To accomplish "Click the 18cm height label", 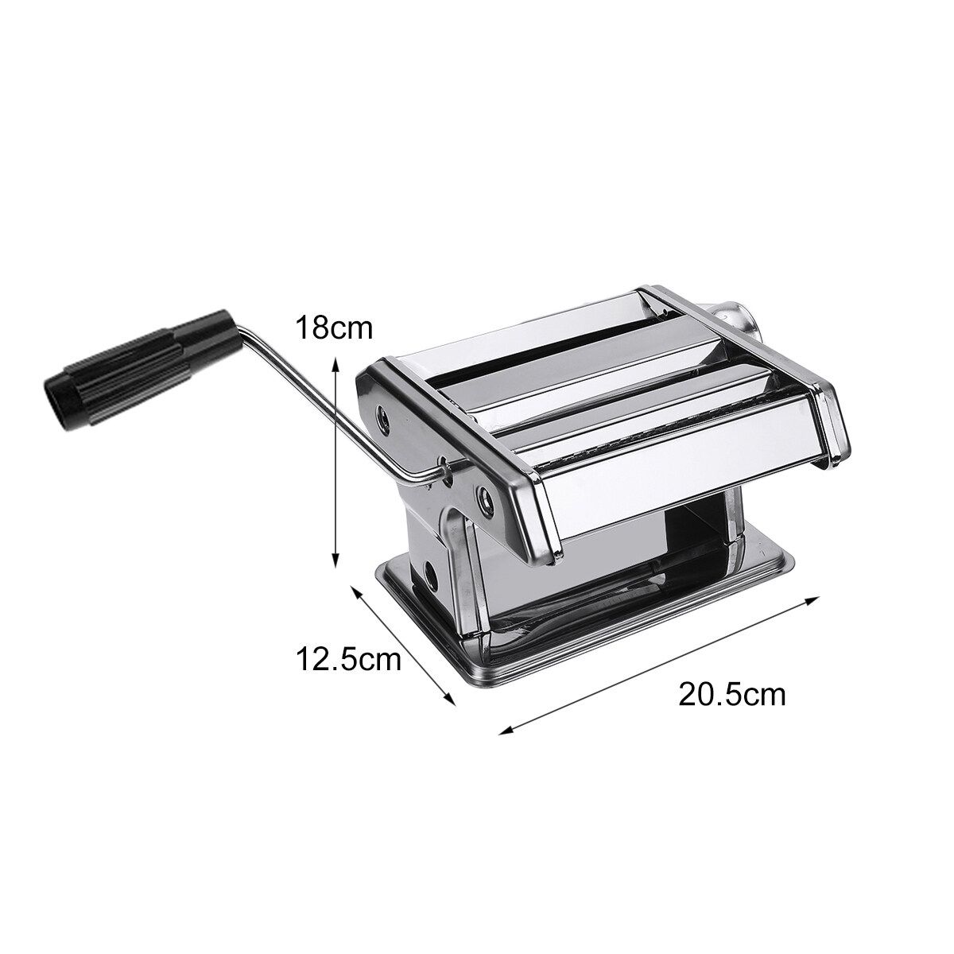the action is coord(334,328).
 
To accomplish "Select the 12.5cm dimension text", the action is coord(348,659).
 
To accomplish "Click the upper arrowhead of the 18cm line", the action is coord(335,365).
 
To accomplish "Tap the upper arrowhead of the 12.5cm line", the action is coord(355,591).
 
